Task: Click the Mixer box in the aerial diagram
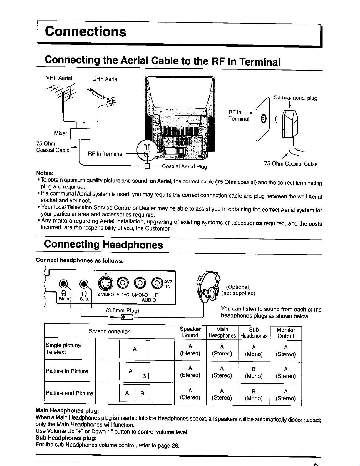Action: coord(80,134)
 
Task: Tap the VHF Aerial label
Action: coord(59,78)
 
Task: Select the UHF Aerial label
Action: coord(106,79)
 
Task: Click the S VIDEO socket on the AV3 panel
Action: coord(106,283)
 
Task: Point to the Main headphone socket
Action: coord(63,284)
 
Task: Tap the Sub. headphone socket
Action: coord(84,284)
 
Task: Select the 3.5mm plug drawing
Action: coord(121,317)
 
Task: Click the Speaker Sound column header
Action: coord(190,332)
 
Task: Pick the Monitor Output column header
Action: coord(286,333)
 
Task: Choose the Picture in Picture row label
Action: coord(67,371)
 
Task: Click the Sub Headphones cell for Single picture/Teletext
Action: coord(254,351)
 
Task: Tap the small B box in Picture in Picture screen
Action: coord(144,376)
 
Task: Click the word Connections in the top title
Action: coord(86,31)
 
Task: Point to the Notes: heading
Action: coord(45,173)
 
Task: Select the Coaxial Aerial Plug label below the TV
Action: coord(184,167)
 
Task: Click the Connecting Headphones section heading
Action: coord(103,245)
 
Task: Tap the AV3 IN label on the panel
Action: coord(168,284)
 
